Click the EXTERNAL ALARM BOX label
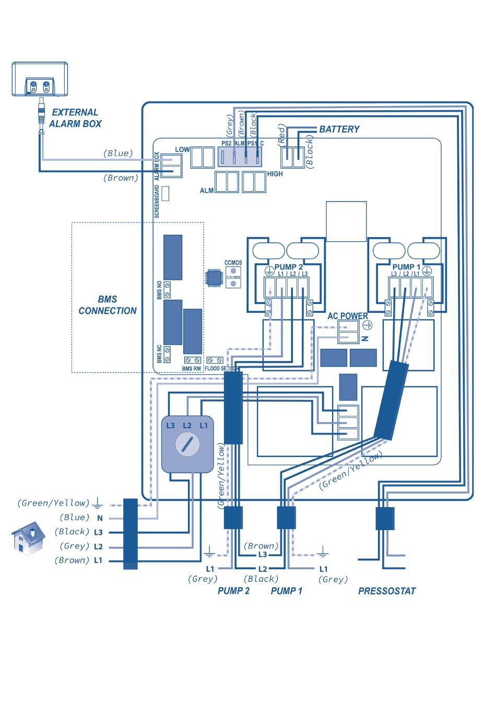(75, 118)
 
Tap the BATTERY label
(339, 129)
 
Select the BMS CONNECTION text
(108, 305)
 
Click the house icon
(28, 537)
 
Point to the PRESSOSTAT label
(387, 591)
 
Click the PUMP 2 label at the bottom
(233, 591)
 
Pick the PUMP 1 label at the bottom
(287, 591)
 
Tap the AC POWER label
(348, 316)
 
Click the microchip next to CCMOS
(214, 278)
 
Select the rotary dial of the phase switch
(187, 444)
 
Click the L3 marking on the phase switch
(171, 426)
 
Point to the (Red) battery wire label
(281, 135)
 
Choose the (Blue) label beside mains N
(75, 518)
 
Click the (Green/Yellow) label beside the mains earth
(53, 503)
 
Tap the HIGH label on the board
(275, 174)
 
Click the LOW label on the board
(182, 149)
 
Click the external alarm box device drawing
(40, 79)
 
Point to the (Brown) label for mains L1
(72, 560)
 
